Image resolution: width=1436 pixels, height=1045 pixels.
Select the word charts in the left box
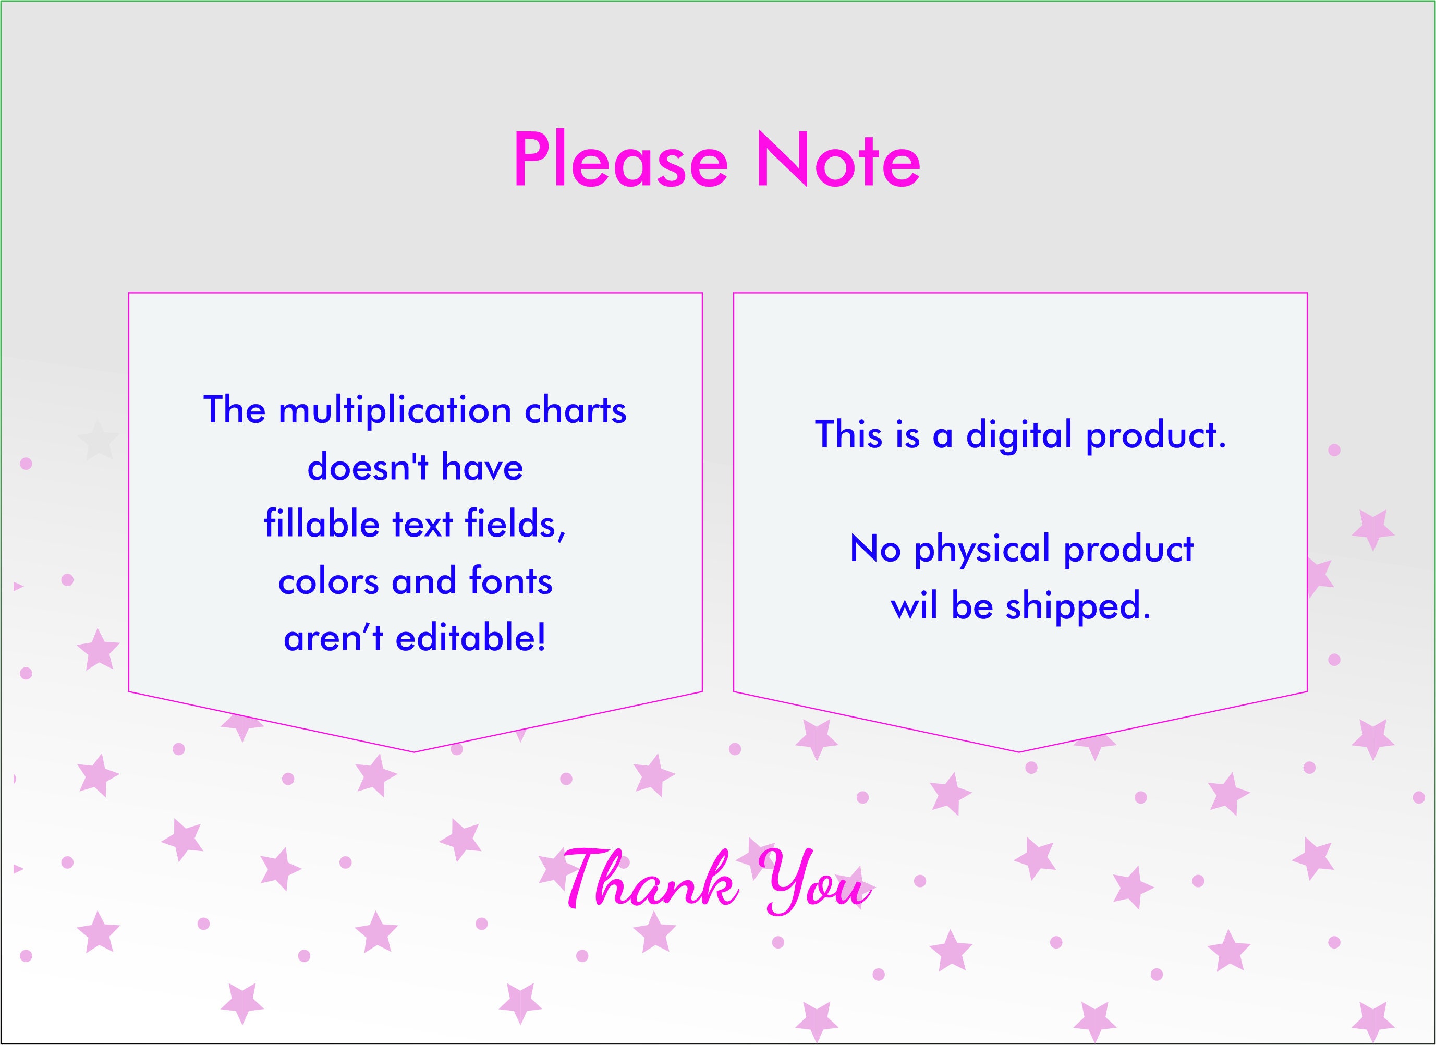pyautogui.click(x=575, y=410)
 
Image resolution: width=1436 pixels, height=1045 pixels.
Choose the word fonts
pyautogui.click(x=510, y=581)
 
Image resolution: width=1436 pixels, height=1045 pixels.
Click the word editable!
pyautogui.click(x=470, y=637)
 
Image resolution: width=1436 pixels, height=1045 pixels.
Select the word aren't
pyautogui.click(x=333, y=637)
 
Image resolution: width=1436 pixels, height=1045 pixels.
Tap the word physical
pyautogui.click(x=982, y=550)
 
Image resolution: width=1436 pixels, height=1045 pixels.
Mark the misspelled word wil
pyautogui.click(x=914, y=605)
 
